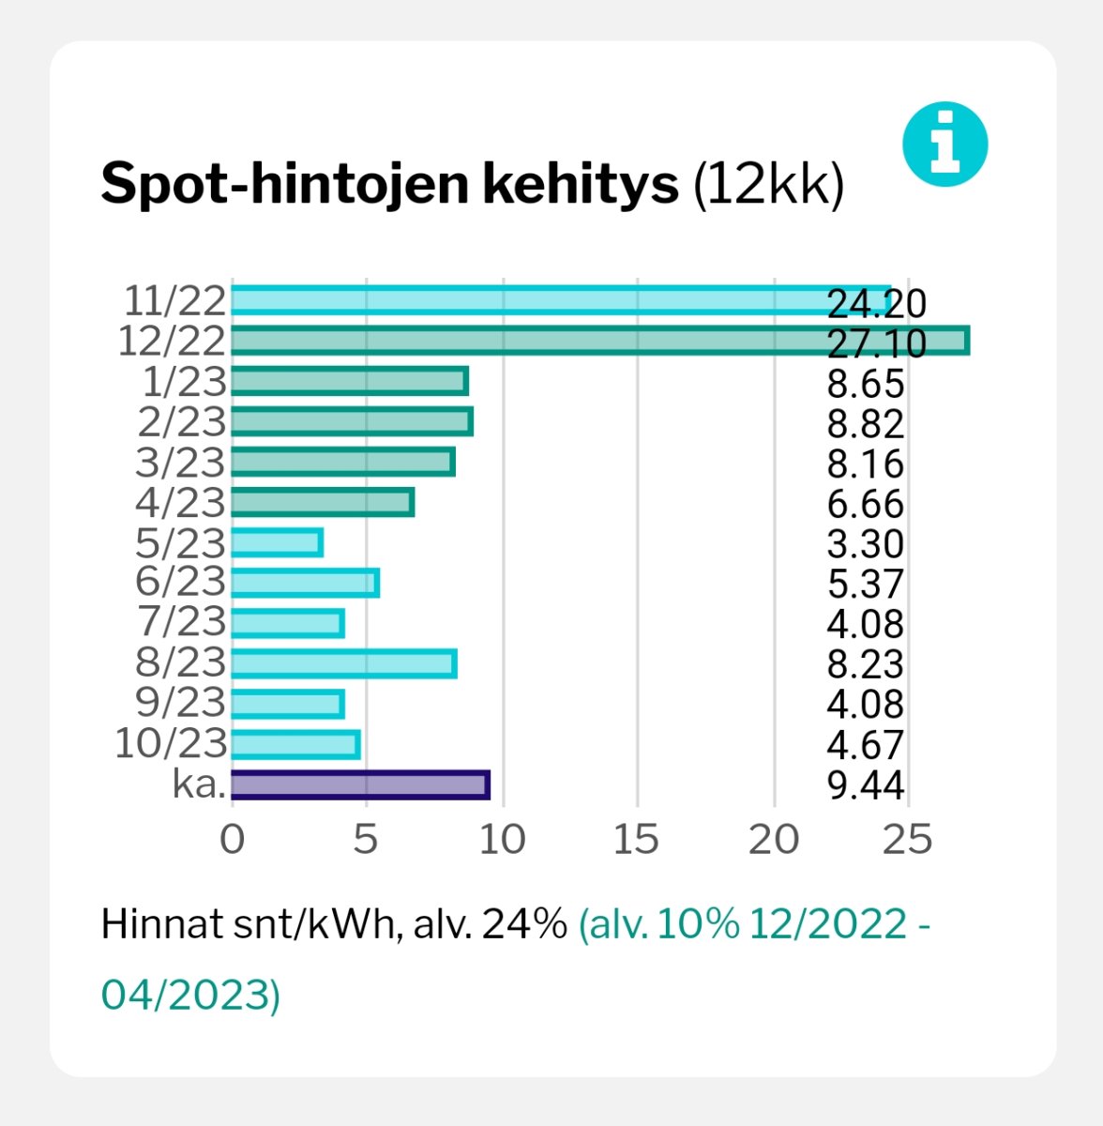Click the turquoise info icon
(944, 145)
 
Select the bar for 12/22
(599, 341)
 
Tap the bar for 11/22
(560, 300)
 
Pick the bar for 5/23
(277, 542)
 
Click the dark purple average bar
(359, 784)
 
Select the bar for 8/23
(343, 663)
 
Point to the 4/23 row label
(181, 503)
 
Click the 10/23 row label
(171, 744)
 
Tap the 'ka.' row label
(199, 784)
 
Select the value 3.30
(865, 544)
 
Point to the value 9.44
(865, 785)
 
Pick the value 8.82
(865, 424)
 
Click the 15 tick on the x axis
(636, 840)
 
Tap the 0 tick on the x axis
(231, 840)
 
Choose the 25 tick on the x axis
(907, 840)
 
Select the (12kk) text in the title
(768, 185)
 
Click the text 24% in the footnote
(523, 925)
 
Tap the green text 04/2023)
(190, 995)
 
